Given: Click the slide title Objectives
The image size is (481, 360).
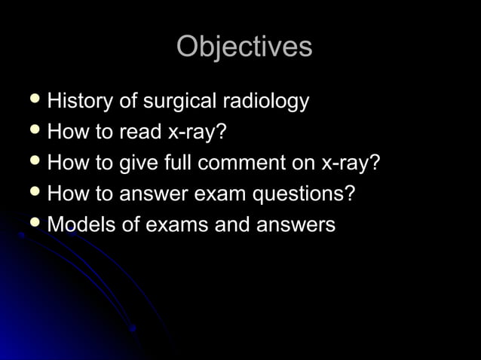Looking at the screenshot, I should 244,47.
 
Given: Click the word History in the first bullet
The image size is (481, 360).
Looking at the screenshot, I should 78,101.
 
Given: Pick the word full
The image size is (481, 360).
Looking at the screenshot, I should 179,163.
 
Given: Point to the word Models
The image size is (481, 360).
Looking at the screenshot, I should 81,224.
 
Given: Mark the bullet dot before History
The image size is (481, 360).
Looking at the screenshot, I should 34,100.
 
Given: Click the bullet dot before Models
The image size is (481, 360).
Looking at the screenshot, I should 34,224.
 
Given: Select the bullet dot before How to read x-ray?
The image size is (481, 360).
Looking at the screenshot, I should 34,131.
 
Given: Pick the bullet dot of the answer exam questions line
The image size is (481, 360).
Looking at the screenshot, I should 34,193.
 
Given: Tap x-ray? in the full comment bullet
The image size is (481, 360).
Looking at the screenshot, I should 350,163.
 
